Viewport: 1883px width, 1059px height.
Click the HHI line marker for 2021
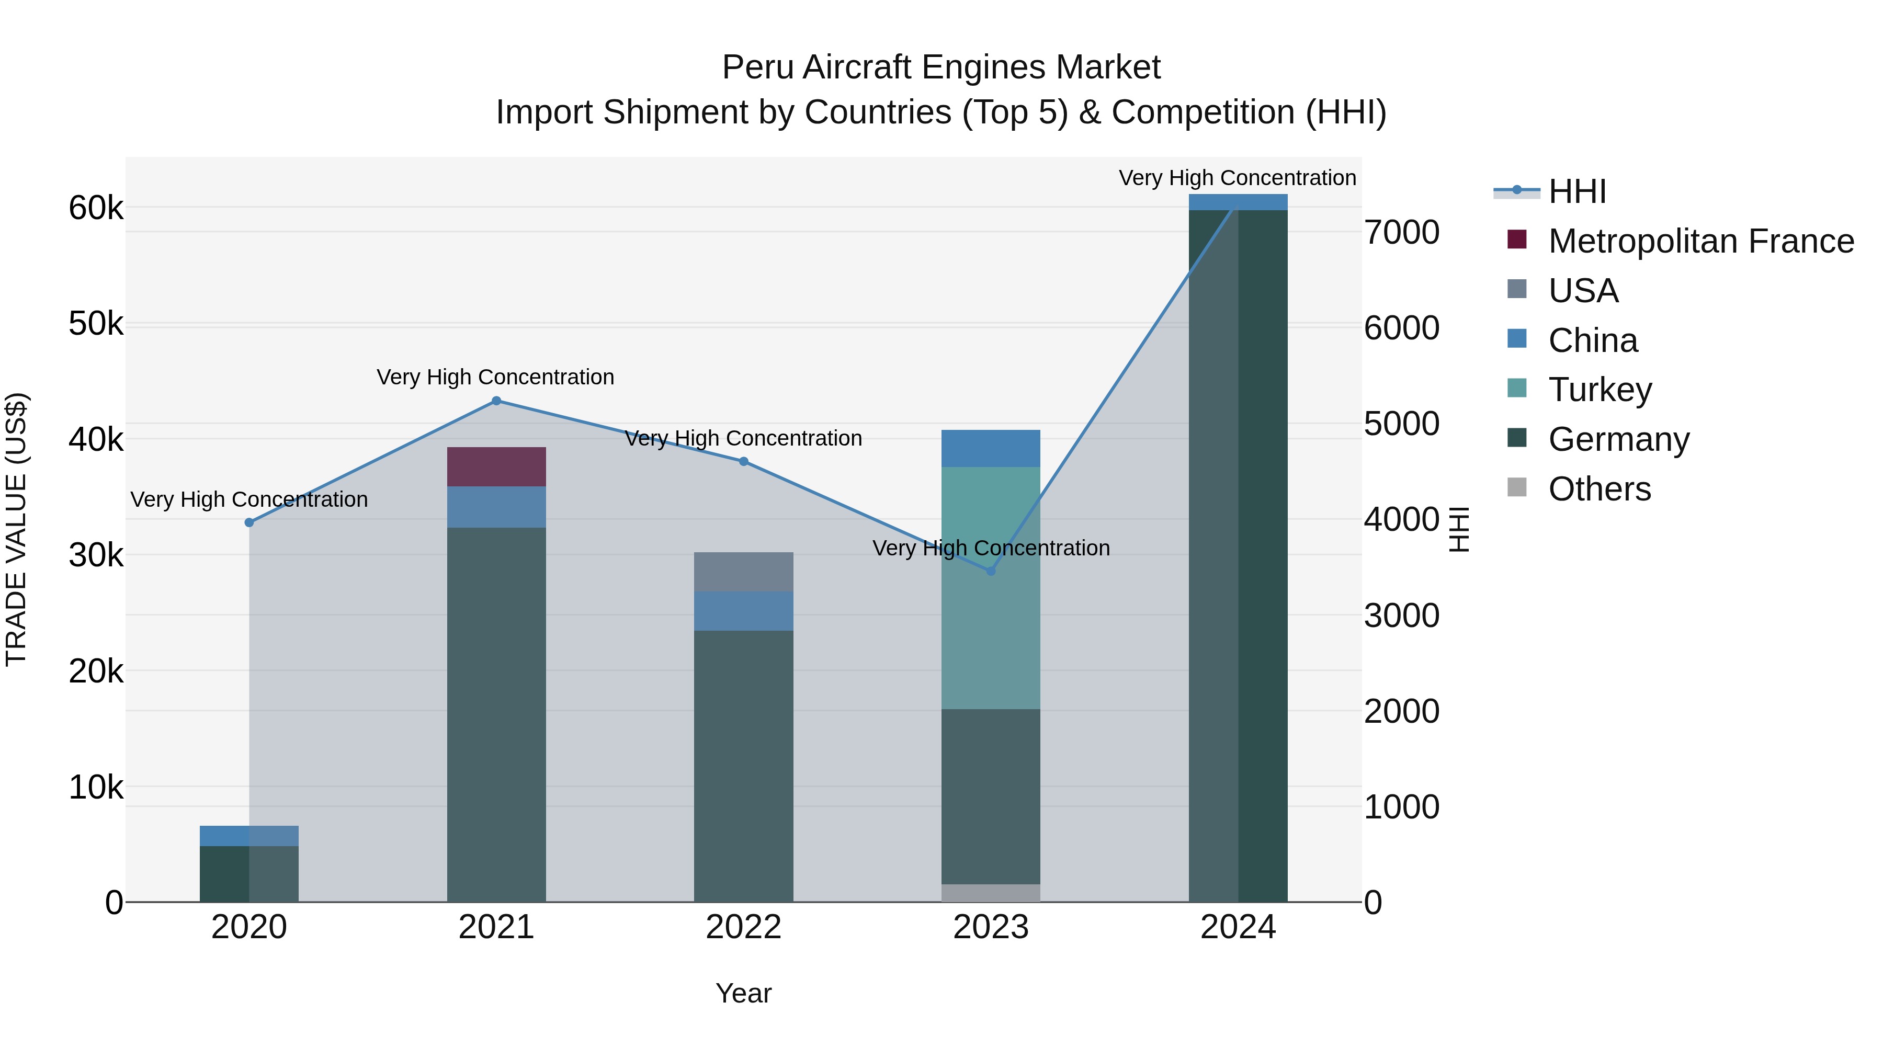496,401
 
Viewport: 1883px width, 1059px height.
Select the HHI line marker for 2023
991,571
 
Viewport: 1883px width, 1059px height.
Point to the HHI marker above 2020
249,522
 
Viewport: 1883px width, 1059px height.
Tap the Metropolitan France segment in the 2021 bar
496,466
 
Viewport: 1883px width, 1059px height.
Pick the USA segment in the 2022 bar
743,572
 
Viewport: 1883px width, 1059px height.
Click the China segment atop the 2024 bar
1238,202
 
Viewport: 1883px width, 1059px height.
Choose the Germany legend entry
1618,439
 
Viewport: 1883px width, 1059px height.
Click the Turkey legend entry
1600,390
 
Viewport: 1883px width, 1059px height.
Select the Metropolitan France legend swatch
1517,240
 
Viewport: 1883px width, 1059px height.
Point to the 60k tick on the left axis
96,208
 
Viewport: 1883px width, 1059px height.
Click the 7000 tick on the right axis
1401,232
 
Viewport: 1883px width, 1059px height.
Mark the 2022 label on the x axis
743,927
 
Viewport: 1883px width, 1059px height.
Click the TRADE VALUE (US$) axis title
16,529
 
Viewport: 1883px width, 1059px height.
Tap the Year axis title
743,993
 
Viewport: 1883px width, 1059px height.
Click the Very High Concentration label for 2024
1237,178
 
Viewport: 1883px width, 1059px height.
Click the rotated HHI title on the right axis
1458,529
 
